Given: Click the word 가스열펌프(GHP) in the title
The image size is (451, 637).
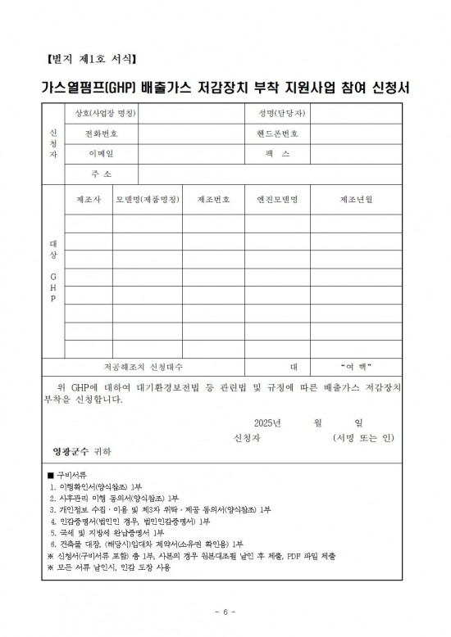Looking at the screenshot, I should click(x=91, y=88).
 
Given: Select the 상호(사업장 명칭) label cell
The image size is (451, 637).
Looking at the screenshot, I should click(x=104, y=113).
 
